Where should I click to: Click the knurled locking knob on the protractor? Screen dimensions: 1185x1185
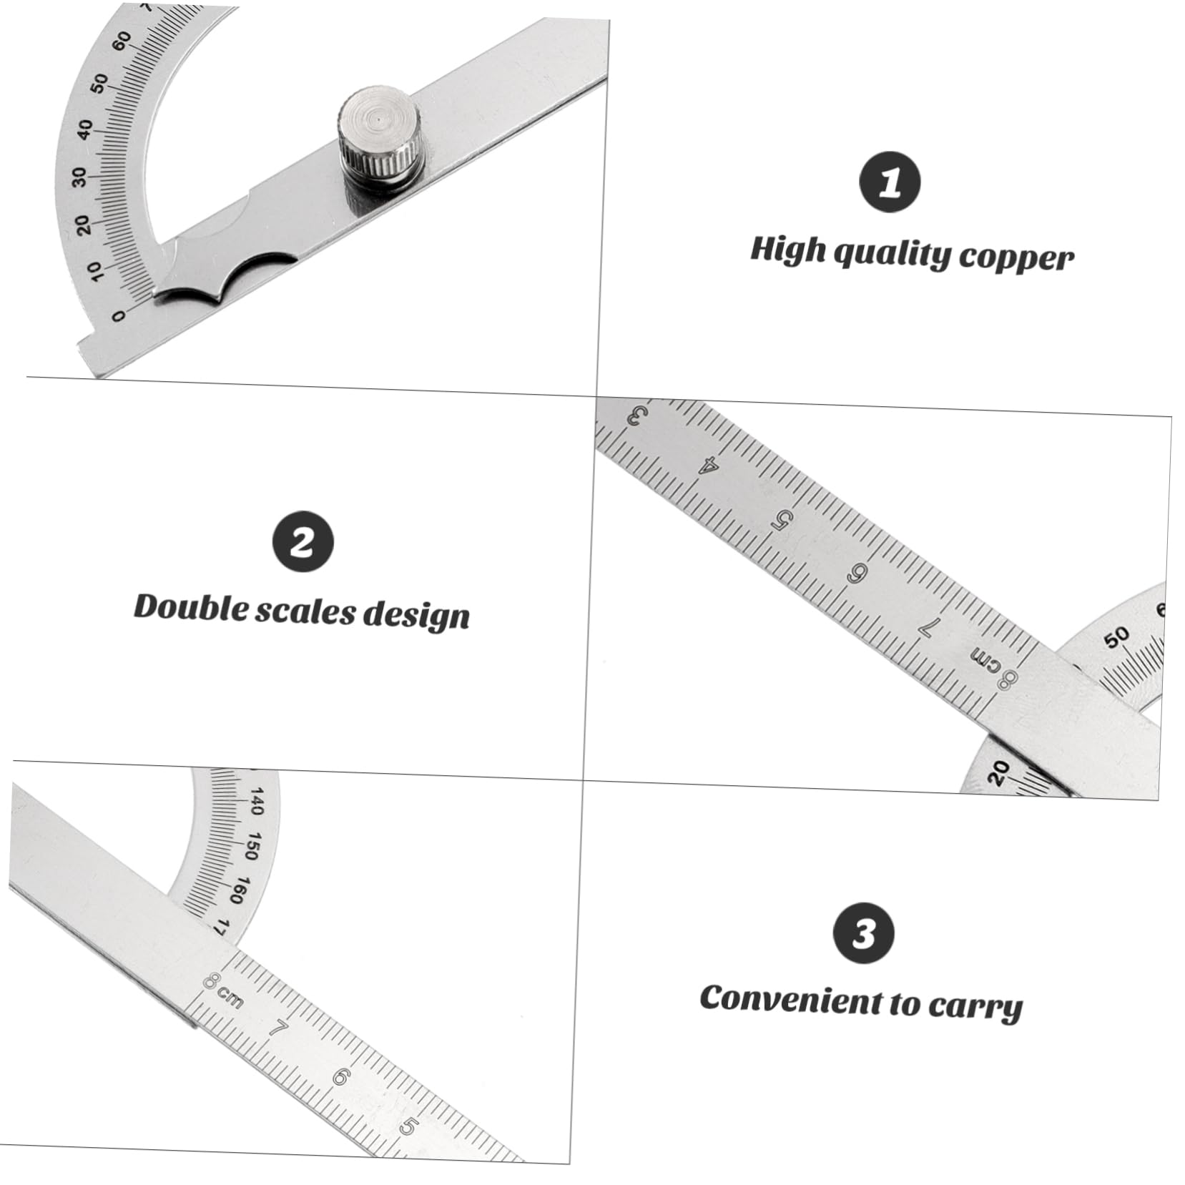380,139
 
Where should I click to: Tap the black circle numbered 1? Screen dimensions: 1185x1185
890,182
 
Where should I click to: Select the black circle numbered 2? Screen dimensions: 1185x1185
303,541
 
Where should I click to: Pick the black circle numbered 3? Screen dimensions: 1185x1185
864,933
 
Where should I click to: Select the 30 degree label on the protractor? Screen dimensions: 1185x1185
79,176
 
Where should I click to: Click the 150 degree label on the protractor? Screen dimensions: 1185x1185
251,846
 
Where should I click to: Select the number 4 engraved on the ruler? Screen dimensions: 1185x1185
707,466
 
